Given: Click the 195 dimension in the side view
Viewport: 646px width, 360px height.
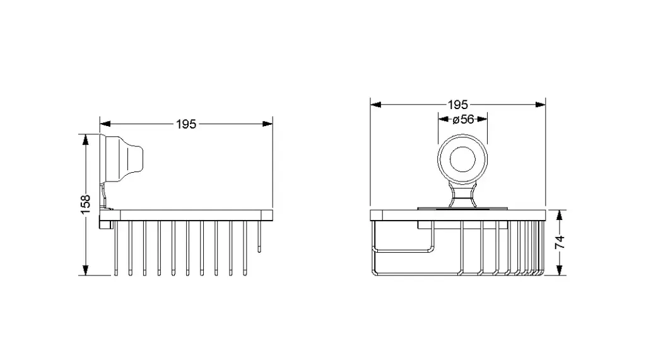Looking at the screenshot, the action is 186,124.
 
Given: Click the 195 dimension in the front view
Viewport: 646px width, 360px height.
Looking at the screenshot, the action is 458,105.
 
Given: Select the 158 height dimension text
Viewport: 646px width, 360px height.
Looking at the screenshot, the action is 85,205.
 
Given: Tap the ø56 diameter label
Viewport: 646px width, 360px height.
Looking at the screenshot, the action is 464,119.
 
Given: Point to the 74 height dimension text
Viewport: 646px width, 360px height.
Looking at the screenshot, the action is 560,242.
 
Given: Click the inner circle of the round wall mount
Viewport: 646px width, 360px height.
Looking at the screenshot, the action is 462,160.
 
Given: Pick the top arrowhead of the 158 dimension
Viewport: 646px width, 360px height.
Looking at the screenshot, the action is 85,139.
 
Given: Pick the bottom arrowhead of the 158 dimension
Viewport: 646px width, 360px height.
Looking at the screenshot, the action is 85,270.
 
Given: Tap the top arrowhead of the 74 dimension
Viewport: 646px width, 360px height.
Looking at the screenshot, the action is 559,216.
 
